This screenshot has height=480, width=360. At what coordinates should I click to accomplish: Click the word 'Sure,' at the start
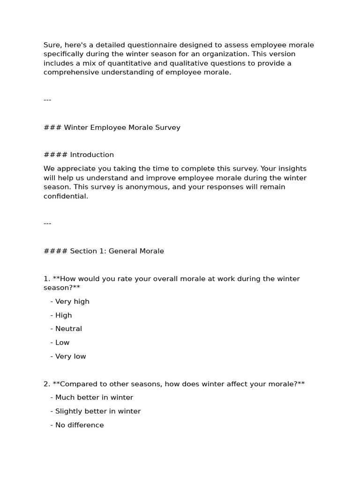tap(52, 45)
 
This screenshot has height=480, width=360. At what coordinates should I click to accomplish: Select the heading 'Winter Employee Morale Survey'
tap(122, 127)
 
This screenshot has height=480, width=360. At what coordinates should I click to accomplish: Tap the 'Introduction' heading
tap(92, 155)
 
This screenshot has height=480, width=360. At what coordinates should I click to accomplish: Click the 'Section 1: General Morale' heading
tap(117, 251)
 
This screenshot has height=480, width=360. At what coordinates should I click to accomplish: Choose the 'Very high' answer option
tap(72, 301)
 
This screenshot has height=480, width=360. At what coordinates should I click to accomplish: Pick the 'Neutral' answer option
tap(68, 329)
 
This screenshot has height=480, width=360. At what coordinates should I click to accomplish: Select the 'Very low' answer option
tap(70, 356)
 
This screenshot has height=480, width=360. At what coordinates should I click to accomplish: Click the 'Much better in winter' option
tap(94, 397)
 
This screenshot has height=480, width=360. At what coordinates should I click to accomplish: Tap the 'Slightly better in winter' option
tap(97, 411)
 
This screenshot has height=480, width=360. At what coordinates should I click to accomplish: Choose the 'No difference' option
tap(79, 425)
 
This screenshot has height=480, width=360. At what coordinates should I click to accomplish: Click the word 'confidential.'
tap(66, 196)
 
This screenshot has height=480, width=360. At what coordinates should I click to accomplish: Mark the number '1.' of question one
tap(47, 279)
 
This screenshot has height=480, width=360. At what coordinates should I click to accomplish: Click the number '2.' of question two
tap(47, 384)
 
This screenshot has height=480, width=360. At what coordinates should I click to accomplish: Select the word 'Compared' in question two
tap(78, 384)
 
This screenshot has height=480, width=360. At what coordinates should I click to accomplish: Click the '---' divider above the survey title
tap(47, 100)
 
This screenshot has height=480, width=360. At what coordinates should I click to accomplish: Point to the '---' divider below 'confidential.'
tap(47, 224)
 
